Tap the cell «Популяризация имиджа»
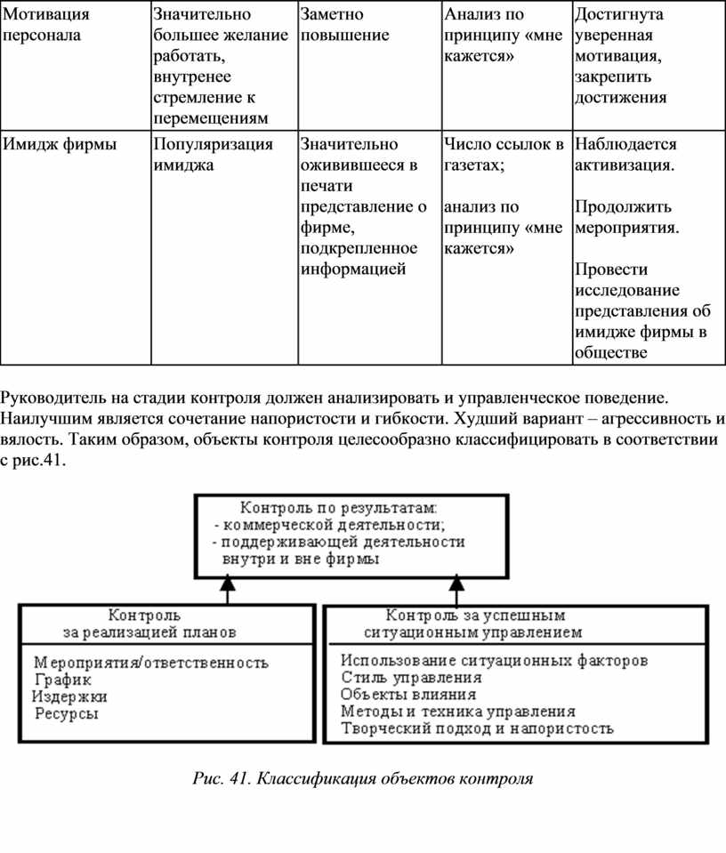(212, 154)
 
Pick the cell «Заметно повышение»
(344, 25)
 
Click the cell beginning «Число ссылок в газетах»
(503, 154)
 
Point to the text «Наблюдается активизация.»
(625, 154)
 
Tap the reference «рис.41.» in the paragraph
(41, 463)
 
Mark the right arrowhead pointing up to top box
(456, 583)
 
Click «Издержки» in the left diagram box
(70, 696)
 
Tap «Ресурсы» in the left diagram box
(66, 712)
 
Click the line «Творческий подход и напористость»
(477, 728)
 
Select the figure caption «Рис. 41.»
(222, 779)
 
